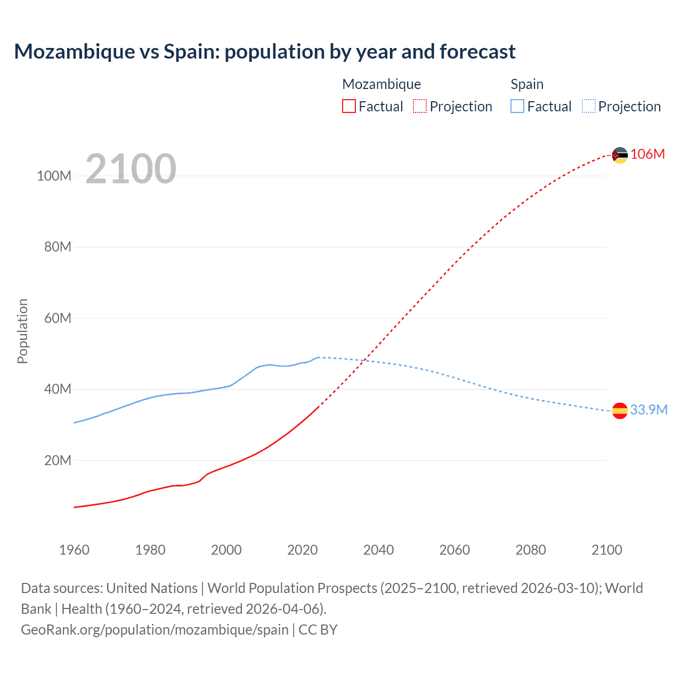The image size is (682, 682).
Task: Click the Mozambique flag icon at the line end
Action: (620, 155)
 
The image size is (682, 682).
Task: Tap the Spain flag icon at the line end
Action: (620, 410)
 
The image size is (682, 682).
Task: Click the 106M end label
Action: (647, 154)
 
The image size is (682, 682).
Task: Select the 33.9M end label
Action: (648, 410)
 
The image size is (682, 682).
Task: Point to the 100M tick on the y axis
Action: (54, 176)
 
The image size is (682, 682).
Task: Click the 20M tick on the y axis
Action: (57, 460)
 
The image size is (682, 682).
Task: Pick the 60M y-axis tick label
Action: (57, 318)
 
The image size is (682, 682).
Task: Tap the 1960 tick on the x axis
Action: (74, 550)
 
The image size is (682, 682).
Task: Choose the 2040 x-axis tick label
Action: (378, 550)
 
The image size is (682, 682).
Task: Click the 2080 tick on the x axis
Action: (531, 550)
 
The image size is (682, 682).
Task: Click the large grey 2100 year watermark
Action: (131, 169)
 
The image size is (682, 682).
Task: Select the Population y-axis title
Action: (22, 331)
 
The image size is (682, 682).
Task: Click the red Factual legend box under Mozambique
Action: (348, 106)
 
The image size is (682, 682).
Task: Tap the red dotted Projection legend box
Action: (420, 106)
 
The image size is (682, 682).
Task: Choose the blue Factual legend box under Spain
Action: (517, 106)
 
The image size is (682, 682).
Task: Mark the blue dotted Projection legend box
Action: (589, 106)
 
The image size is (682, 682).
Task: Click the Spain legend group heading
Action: (527, 84)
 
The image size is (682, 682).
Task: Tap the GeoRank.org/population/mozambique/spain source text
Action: (155, 630)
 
